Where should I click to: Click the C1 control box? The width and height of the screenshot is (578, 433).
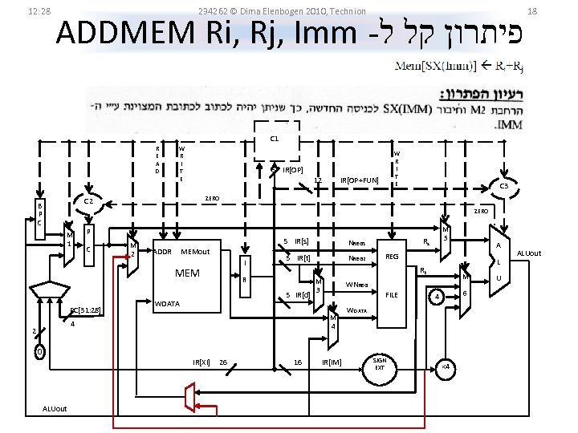point(274,140)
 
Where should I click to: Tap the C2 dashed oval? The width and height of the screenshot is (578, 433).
point(90,202)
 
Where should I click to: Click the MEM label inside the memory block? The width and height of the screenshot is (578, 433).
point(187,273)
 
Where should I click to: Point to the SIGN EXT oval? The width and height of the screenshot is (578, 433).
point(381,364)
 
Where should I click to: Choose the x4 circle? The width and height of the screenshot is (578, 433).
point(446,366)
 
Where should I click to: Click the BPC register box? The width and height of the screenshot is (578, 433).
point(39,214)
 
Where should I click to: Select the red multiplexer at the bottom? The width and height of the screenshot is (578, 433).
point(189,395)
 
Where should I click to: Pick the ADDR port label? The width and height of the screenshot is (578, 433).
point(162,252)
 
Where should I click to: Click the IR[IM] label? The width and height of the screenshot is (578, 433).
point(331,362)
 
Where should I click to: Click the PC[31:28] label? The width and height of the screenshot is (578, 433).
point(85,310)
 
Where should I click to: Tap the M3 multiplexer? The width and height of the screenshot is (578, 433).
point(319,285)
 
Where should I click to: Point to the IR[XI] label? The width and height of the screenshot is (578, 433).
point(201,362)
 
